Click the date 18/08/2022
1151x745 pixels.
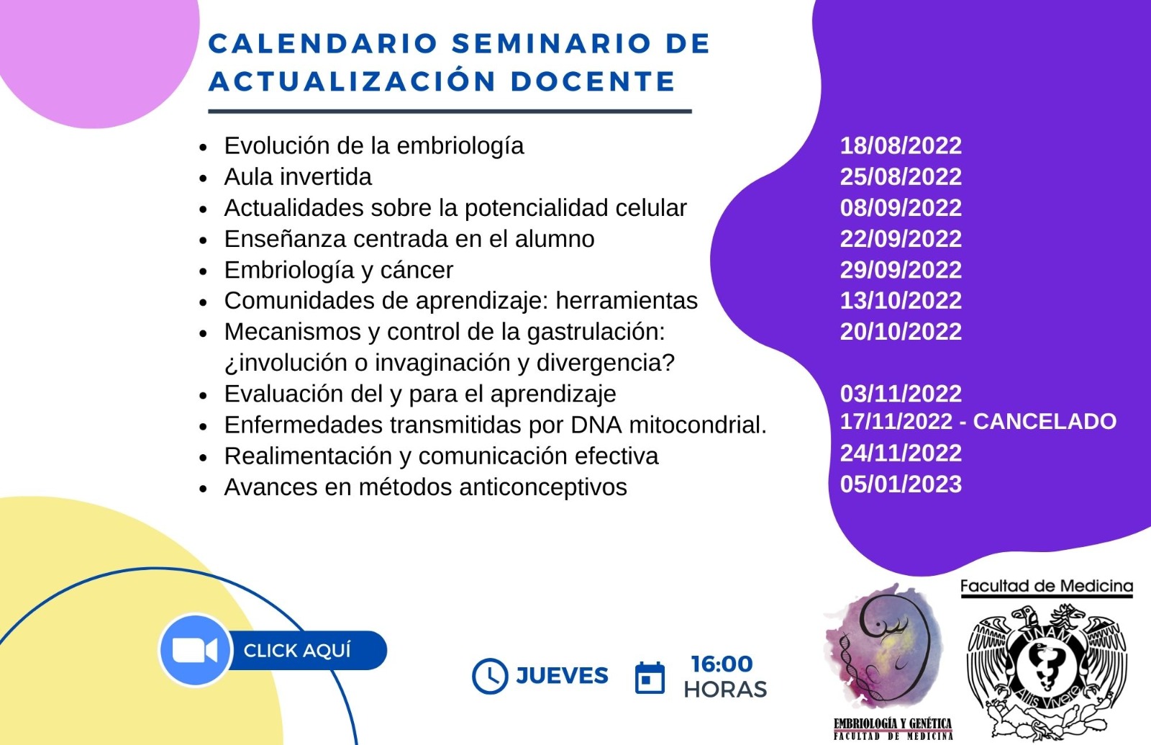tap(901, 145)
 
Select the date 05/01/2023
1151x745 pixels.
tap(901, 484)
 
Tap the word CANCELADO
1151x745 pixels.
tap(1045, 422)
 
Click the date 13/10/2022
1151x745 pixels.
tap(901, 300)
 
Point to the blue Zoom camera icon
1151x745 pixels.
tap(195, 651)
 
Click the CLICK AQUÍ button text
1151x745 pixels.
tap(297, 651)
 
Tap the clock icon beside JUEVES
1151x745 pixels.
tap(490, 676)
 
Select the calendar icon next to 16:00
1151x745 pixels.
tap(650, 677)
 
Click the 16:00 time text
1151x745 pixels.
tap(722, 664)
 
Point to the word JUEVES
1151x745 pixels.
tap(562, 676)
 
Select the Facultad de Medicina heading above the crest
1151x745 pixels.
tap(1047, 586)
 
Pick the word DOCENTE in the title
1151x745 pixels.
tap(593, 82)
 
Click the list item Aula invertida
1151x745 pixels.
tap(298, 177)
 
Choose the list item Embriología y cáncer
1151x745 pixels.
tap(339, 271)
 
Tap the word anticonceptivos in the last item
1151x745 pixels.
tap(543, 487)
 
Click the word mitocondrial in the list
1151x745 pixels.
tap(698, 425)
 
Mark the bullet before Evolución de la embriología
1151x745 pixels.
tap(203, 148)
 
